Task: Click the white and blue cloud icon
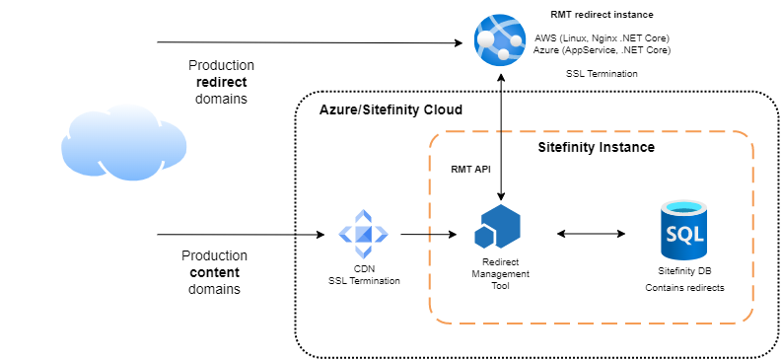(x=124, y=143)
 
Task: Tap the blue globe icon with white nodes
(x=500, y=40)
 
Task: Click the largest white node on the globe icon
(x=487, y=38)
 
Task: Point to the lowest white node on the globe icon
(x=503, y=55)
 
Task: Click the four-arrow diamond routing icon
(x=363, y=234)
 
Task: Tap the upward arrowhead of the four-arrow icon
(x=363, y=215)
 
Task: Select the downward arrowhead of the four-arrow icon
(x=363, y=252)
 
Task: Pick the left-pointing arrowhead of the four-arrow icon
(x=344, y=234)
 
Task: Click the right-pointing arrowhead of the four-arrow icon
(x=382, y=234)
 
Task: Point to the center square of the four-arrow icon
(x=363, y=234)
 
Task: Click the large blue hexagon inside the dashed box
(x=502, y=225)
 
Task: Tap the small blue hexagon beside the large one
(x=483, y=238)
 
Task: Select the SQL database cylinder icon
(x=683, y=230)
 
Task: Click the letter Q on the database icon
(x=683, y=235)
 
